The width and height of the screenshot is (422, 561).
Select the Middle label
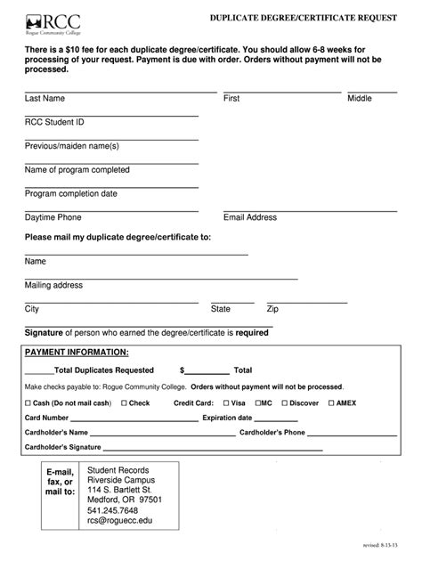pos(360,99)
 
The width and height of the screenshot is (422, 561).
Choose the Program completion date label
pos(70,193)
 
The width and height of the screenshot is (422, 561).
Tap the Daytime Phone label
pos(53,217)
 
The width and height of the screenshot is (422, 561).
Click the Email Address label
pos(250,217)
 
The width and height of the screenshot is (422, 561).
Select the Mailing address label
pos(53,286)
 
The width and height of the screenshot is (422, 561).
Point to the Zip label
pos(272,310)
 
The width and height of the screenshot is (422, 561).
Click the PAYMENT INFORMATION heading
pos(70,353)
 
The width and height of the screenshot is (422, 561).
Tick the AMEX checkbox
pos(330,403)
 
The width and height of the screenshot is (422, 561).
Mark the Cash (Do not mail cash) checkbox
pos(28,403)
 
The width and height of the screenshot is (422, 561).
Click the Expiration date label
pos(227,418)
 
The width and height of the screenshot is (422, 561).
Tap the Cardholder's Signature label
pos(62,446)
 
